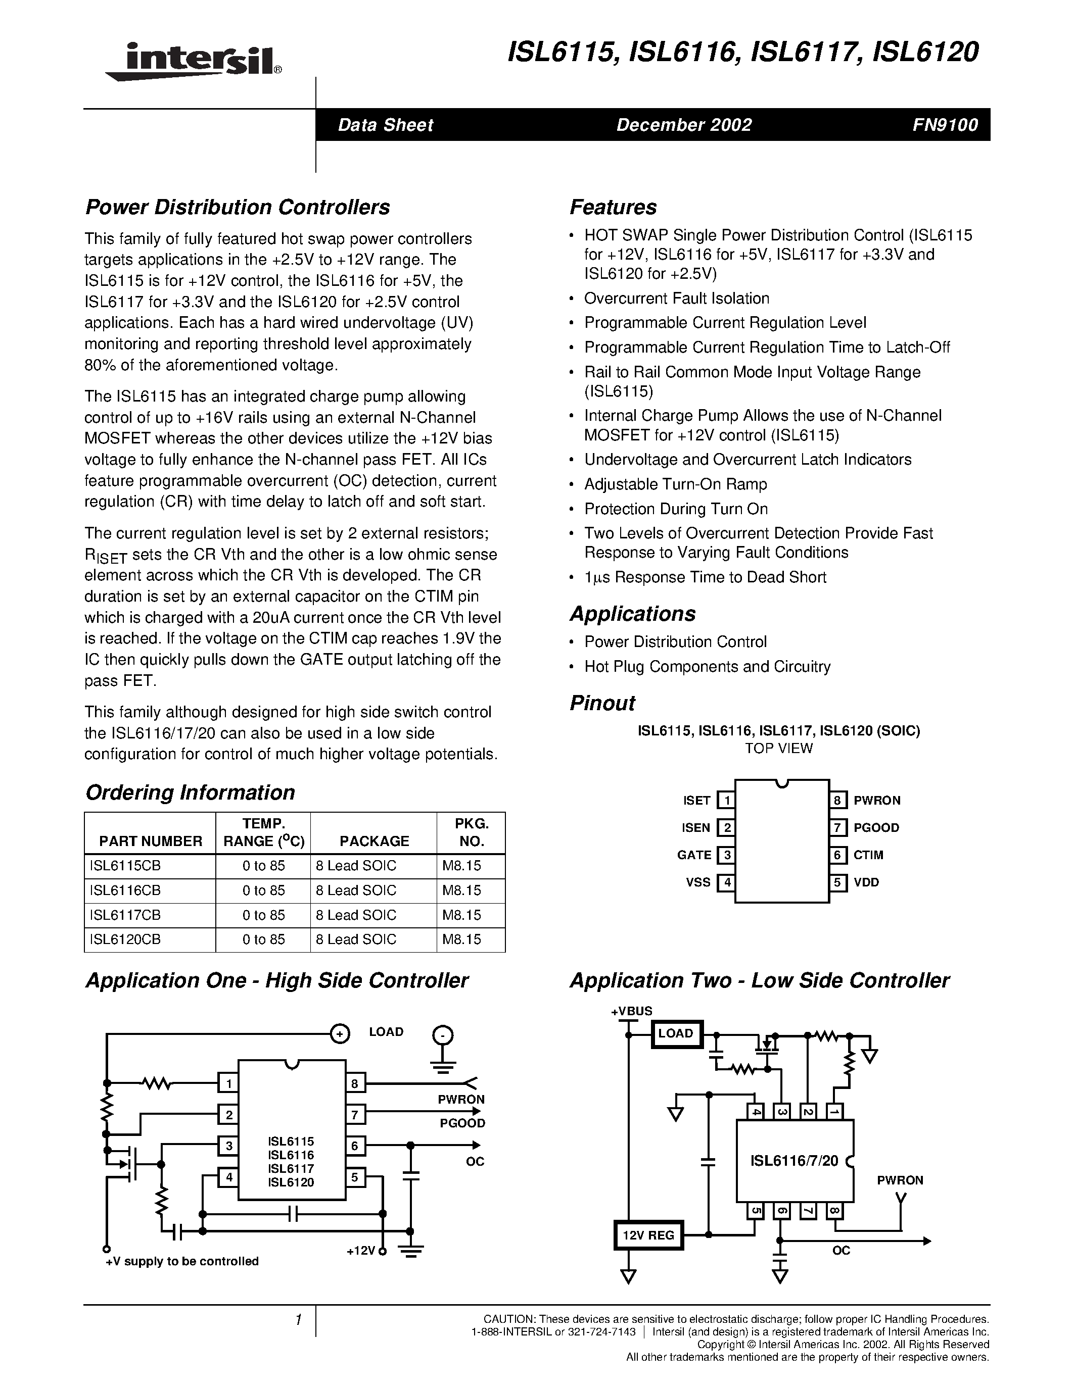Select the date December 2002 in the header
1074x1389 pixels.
click(x=684, y=125)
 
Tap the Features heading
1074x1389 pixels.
click(x=613, y=207)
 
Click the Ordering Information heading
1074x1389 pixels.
click(x=190, y=792)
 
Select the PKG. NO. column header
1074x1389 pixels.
click(x=471, y=832)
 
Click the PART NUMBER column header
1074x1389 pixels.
click(x=150, y=841)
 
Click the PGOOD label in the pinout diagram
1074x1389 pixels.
click(x=876, y=828)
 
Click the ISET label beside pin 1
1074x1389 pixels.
click(x=696, y=801)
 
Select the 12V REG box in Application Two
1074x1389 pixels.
click(x=648, y=1235)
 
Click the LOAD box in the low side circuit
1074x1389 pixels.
click(x=675, y=1033)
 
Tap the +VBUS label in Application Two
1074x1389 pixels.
click(x=631, y=1011)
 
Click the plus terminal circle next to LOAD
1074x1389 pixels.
click(x=341, y=1034)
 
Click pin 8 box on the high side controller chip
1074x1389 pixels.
click(x=355, y=1083)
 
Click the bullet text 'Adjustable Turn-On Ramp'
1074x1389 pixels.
click(x=675, y=484)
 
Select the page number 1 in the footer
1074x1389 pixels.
click(x=298, y=1320)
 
